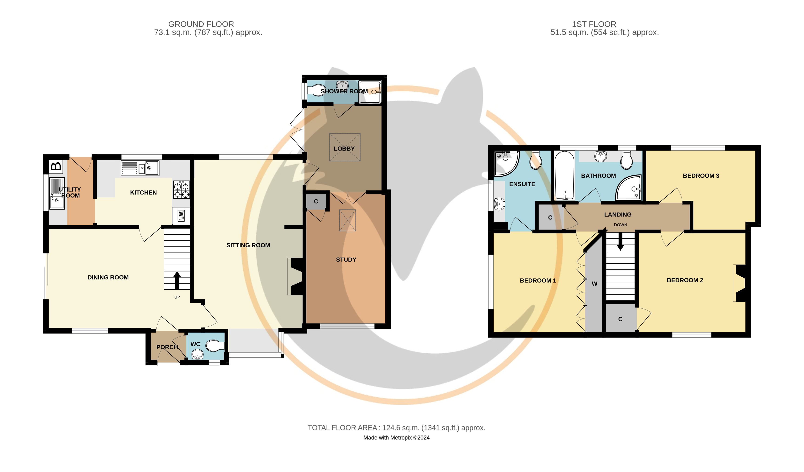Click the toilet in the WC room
(x=215, y=345)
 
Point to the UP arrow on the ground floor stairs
(x=177, y=280)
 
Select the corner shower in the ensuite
(x=507, y=164)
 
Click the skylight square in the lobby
(x=345, y=147)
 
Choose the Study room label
(x=346, y=260)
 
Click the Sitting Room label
(x=248, y=245)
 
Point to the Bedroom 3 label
(x=701, y=176)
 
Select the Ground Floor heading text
(x=201, y=24)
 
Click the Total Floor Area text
(x=397, y=428)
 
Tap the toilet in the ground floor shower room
(x=317, y=90)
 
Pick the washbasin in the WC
(x=198, y=354)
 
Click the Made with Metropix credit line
(x=397, y=438)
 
